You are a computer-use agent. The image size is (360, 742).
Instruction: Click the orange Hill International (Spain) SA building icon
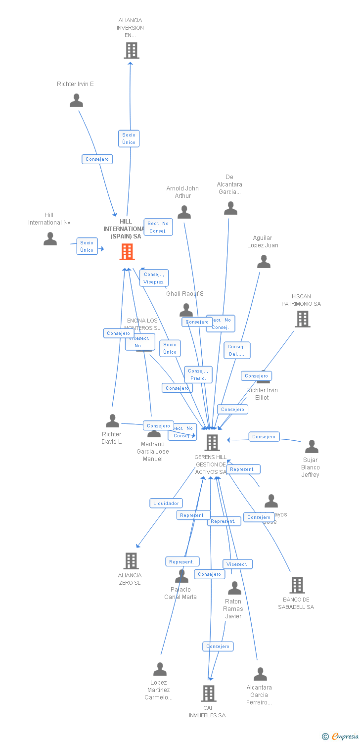[127, 252]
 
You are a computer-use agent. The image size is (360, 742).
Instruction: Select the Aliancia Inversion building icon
[131, 50]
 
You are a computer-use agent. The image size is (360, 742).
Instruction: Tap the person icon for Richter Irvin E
[76, 100]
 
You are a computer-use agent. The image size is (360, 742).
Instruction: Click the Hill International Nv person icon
[50, 239]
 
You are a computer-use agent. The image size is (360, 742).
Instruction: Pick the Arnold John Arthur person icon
[184, 212]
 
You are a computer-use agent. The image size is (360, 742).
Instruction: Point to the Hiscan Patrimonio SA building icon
[302, 319]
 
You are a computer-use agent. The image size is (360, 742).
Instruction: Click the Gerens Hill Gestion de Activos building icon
[212, 443]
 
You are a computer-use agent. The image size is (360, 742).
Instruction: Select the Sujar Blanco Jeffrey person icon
[311, 447]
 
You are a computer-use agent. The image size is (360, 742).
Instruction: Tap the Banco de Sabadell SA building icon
[297, 585]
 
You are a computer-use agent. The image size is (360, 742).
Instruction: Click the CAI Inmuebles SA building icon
[208, 694]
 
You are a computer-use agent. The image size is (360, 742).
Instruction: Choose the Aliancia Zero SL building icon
[131, 561]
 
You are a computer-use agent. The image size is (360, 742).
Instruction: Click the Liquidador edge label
[166, 503]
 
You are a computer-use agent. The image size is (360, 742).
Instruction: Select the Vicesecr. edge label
[238, 564]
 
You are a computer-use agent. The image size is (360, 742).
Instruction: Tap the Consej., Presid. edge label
[198, 374]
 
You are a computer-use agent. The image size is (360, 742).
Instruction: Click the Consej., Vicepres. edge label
[154, 278]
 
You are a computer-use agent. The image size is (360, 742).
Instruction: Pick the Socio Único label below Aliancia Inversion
[129, 139]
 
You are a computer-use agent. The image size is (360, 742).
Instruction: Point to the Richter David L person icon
[112, 421]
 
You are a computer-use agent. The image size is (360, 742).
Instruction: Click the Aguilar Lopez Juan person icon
[264, 262]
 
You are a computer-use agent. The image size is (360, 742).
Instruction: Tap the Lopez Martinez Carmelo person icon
[160, 669]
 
